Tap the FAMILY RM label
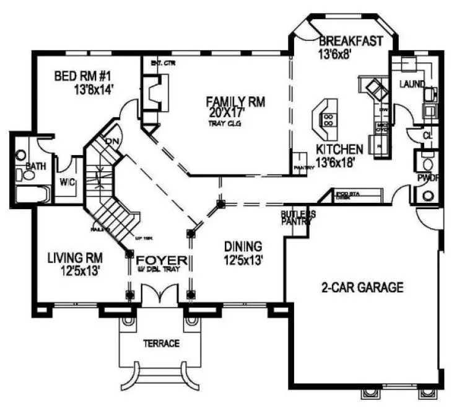pos(235,101)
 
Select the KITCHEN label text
pos(339,149)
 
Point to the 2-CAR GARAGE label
pos(362,287)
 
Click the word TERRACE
pos(161,343)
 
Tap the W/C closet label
pos(67,182)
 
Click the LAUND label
pos(412,84)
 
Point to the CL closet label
pos(427,135)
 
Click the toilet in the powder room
pos(427,195)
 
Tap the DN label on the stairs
pos(112,141)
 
